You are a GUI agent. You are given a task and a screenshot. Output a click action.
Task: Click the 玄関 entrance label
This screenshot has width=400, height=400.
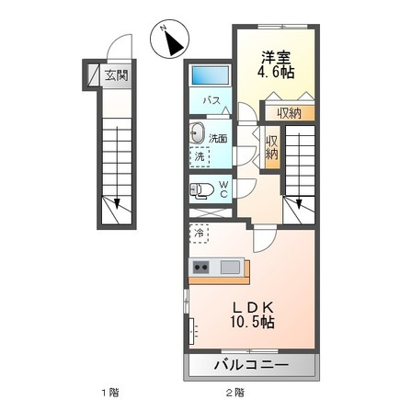tap(116, 75)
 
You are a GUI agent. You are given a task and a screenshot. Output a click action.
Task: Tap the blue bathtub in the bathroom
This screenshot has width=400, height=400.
tap(210, 75)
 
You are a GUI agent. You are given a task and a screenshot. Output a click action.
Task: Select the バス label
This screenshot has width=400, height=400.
tap(211, 100)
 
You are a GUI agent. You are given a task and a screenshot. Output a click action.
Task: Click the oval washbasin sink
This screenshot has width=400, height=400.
tap(197, 133)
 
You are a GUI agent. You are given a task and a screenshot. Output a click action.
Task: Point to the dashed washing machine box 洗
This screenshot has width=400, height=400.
tap(200, 156)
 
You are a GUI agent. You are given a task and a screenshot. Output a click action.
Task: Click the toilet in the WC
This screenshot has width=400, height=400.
tap(201, 190)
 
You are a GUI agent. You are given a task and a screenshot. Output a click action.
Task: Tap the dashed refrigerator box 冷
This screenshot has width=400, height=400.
tap(199, 234)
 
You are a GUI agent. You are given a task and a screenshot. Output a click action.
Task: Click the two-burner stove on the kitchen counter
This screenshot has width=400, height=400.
tap(200, 267)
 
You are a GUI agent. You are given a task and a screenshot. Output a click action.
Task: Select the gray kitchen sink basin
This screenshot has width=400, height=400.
tap(230, 267)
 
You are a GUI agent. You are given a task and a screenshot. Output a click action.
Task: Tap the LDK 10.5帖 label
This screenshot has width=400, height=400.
tap(253, 314)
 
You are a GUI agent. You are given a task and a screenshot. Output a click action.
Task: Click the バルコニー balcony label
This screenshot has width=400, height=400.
tap(251, 365)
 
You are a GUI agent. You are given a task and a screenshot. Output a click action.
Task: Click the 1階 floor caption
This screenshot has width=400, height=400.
tap(110, 392)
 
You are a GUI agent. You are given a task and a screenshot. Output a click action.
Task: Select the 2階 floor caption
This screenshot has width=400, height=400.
tap(235, 392)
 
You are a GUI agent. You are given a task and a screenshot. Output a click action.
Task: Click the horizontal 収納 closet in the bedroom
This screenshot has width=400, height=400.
tap(290, 113)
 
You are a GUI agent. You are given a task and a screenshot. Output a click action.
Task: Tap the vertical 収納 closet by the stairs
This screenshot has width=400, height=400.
tap(272, 147)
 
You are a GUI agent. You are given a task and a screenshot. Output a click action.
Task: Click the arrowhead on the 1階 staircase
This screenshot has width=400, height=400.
tap(117, 203)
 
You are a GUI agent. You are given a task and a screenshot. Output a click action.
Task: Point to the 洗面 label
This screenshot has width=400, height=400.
tap(218, 139)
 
